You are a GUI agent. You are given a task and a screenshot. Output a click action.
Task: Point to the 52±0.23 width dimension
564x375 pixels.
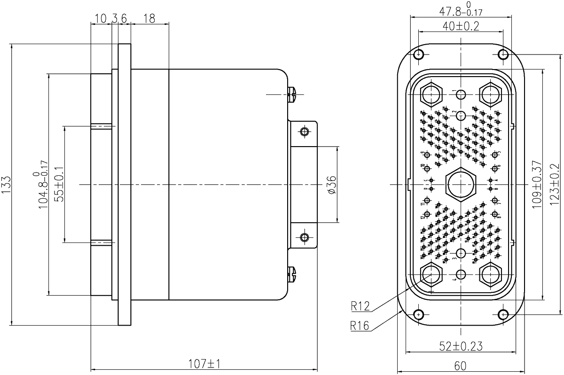pyautogui.click(x=461, y=346)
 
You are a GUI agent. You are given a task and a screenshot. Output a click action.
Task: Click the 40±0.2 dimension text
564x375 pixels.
pyautogui.click(x=461, y=26)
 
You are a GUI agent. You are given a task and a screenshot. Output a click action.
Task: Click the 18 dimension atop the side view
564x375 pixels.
pyautogui.click(x=149, y=18)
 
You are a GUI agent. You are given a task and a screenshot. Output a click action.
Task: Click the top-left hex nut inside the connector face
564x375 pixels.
pyautogui.click(x=431, y=94)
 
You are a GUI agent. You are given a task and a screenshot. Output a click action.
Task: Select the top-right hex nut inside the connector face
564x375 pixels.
pyautogui.click(x=491, y=94)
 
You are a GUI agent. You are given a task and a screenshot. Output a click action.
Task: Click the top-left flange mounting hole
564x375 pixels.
pyautogui.click(x=419, y=55)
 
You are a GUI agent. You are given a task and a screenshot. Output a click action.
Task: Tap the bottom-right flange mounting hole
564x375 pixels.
pyautogui.click(x=503, y=313)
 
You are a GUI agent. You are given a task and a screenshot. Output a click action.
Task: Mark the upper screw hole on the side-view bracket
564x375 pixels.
pyautogui.click(x=305, y=132)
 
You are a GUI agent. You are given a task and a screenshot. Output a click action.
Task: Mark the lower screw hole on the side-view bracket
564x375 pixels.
pyautogui.click(x=305, y=237)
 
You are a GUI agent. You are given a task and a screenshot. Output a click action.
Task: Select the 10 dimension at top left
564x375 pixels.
pyautogui.click(x=101, y=18)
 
